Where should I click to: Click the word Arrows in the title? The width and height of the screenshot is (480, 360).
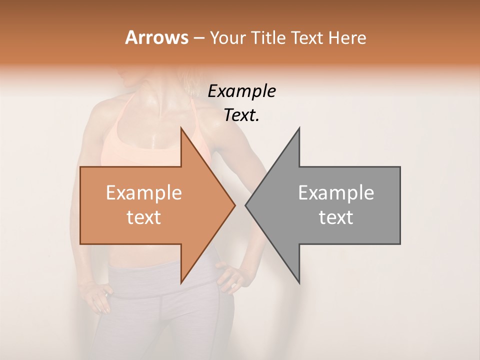[156, 37]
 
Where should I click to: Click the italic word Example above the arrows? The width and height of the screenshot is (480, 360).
[241, 91]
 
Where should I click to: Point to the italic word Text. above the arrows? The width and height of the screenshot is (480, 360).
[241, 115]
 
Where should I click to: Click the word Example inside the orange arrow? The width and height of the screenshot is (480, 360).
[144, 193]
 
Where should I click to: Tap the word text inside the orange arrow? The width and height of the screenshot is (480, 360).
[144, 217]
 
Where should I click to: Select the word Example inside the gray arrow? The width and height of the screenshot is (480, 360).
[336, 193]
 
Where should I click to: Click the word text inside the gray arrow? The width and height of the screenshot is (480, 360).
[336, 217]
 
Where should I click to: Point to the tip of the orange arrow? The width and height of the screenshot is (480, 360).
[234, 205]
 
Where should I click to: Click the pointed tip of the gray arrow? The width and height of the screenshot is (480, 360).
[246, 205]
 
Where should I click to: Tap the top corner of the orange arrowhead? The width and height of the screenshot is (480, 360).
[181, 128]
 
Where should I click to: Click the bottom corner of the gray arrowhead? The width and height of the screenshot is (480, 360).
[299, 283]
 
